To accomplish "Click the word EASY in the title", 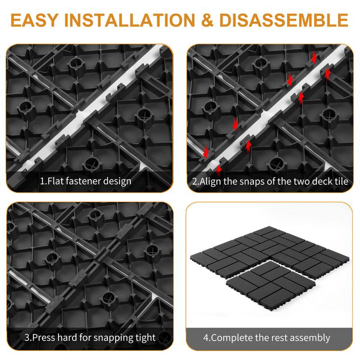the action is tap(34, 20).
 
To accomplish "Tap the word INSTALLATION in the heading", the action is tap(129, 20).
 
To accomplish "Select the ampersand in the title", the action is tap(207, 20).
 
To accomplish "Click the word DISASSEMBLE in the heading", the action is tap(284, 20).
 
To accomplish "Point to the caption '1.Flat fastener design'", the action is tap(85, 181).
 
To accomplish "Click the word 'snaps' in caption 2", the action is tap(252, 181).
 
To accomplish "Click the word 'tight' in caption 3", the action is tap(145, 337).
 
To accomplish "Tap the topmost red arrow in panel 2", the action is tap(314, 57).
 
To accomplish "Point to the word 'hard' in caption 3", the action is tap(67, 337).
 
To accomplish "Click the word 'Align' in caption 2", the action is tap(210, 181).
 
